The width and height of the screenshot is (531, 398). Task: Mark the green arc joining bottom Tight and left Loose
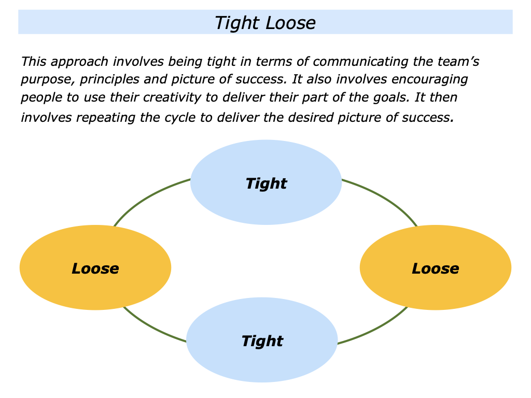tap(150, 328)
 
